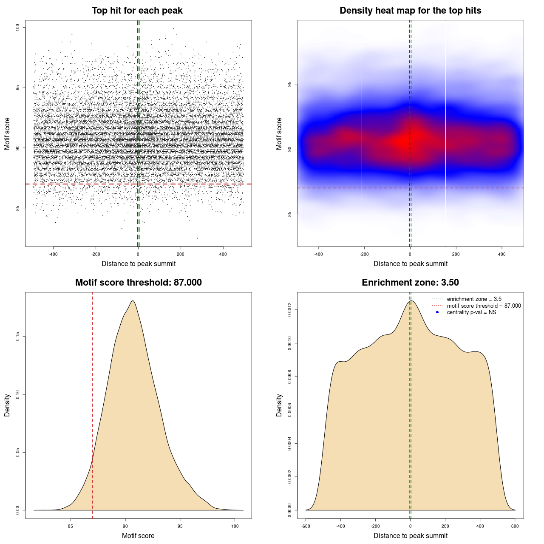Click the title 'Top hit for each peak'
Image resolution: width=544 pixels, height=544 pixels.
pyautogui.click(x=137, y=11)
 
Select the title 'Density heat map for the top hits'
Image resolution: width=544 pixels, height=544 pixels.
pyautogui.click(x=410, y=11)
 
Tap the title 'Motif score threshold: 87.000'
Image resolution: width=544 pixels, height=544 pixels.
pyautogui.click(x=138, y=283)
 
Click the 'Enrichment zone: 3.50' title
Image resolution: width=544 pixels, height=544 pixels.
pyautogui.click(x=410, y=283)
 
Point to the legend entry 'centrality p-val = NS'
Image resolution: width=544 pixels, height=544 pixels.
pyautogui.click(x=471, y=312)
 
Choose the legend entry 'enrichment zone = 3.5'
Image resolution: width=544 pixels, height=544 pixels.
pyautogui.click(x=474, y=299)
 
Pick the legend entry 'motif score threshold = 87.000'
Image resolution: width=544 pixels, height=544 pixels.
pyautogui.click(x=484, y=306)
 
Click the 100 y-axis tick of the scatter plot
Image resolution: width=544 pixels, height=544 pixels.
pyautogui.click(x=18, y=28)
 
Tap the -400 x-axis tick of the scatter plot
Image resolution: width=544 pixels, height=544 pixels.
pyautogui.click(x=53, y=255)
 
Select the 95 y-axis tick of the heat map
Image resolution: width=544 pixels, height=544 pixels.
pyautogui.click(x=290, y=84)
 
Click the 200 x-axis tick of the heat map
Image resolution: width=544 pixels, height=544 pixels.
pyautogui.click(x=456, y=255)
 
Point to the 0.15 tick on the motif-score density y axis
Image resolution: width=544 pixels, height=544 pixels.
pyautogui.click(x=18, y=337)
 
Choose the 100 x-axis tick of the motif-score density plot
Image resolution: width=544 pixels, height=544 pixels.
pyautogui.click(x=235, y=527)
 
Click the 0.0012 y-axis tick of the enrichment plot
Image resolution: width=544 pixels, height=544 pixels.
pyautogui.click(x=290, y=310)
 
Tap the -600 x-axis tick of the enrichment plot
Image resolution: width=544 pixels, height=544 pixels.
pyautogui.click(x=306, y=527)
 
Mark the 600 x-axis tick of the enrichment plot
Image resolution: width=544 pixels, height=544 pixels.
pyautogui.click(x=515, y=527)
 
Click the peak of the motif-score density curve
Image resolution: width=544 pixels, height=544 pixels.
pyautogui.click(x=133, y=301)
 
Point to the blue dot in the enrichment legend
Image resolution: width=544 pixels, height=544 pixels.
pyautogui.click(x=437, y=312)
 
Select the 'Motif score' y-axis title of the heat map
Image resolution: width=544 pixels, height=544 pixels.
pyautogui.click(x=279, y=133)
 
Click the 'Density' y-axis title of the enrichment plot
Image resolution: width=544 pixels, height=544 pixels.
pyautogui.click(x=279, y=405)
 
